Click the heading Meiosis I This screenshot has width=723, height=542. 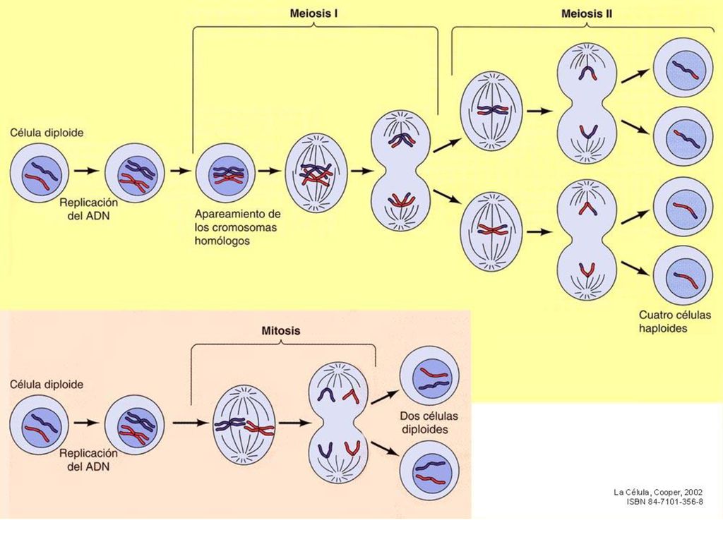(x=313, y=13)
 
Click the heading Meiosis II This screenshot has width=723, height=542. (x=587, y=14)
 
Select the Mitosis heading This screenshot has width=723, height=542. (x=281, y=330)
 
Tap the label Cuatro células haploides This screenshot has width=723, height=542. (x=674, y=322)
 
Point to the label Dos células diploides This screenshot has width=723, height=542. (x=429, y=423)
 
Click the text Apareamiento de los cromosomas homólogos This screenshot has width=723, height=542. (x=237, y=227)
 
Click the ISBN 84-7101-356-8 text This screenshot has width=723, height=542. (x=665, y=502)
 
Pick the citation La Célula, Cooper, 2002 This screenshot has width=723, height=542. (x=658, y=492)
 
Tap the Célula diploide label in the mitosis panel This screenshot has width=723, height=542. (x=47, y=385)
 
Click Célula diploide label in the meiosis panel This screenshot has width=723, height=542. (x=47, y=133)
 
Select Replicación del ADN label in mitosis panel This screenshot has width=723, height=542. (x=88, y=460)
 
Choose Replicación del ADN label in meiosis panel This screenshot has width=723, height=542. (x=88, y=208)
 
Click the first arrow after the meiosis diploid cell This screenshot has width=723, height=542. (x=87, y=171)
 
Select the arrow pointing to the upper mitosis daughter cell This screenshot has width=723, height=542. (x=385, y=397)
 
